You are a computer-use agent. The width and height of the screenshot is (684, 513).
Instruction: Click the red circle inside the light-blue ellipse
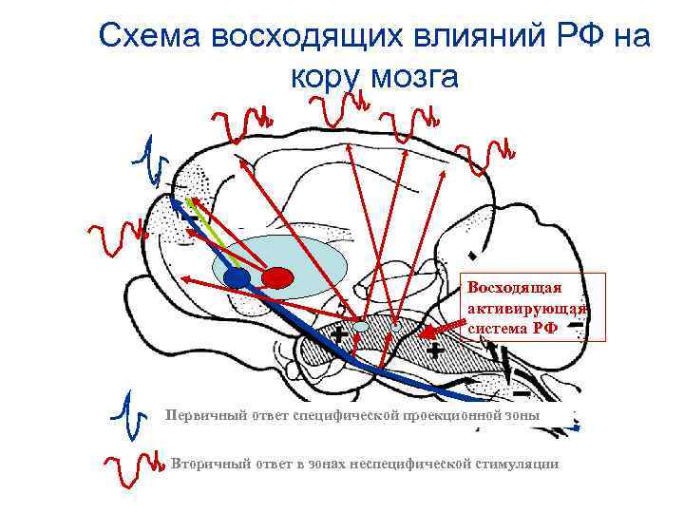(x=277, y=277)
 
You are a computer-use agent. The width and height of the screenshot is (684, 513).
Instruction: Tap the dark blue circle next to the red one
(x=237, y=277)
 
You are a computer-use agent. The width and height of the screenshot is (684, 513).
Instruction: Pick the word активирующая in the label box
(x=528, y=309)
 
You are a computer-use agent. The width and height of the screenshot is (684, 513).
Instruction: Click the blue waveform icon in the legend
(x=129, y=414)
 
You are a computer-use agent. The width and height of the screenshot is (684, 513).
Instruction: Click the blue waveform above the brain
(x=148, y=161)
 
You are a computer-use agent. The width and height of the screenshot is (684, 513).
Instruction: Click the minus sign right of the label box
(x=577, y=325)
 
